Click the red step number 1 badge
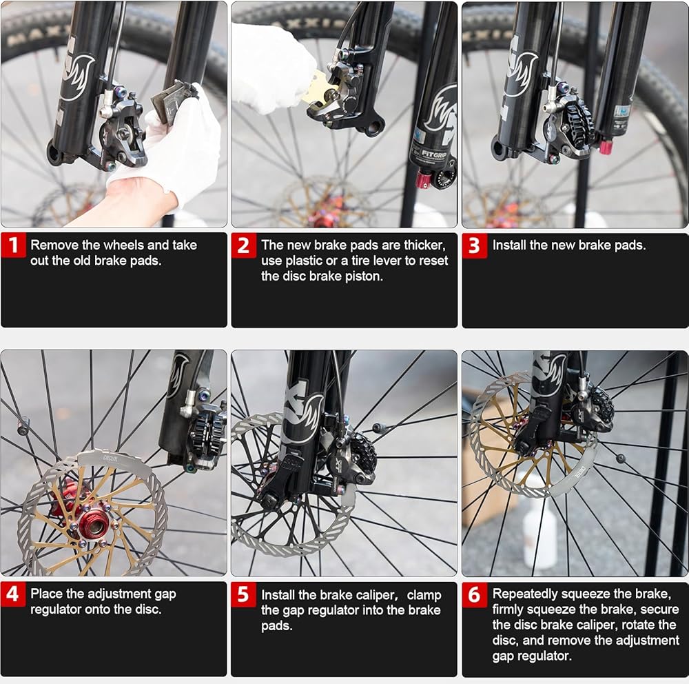pos(13,245)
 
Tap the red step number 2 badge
pos(244,245)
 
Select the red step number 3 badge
pos(475,245)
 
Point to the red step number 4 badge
pos(13,594)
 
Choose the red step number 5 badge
pos(244,594)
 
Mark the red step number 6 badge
pos(475,594)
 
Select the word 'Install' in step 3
pos(509,245)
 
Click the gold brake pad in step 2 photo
pos(324,91)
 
